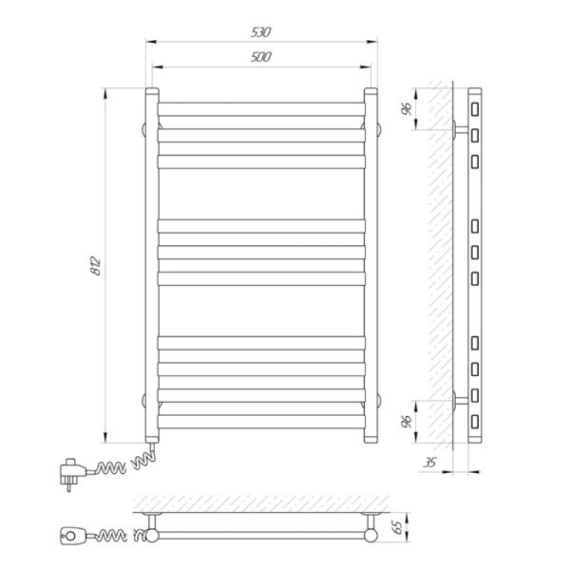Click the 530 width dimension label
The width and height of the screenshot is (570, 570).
261,32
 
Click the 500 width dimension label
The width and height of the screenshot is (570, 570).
261,57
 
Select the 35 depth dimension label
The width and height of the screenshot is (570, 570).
430,463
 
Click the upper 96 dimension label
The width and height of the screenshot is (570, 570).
407,109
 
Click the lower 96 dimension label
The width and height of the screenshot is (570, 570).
407,421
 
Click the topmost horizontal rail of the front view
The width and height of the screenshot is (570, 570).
262,110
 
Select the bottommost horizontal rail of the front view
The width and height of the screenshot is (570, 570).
262,421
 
